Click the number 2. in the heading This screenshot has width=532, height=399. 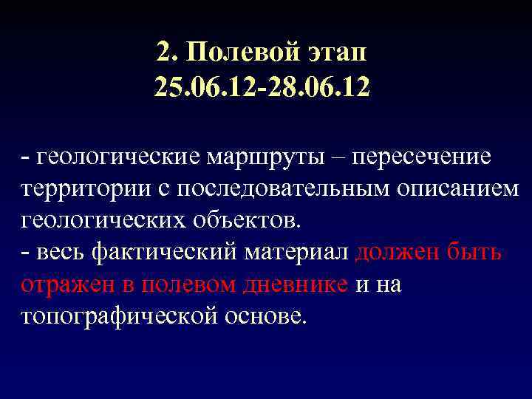click(x=166, y=52)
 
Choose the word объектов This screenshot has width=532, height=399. click(x=247, y=219)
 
